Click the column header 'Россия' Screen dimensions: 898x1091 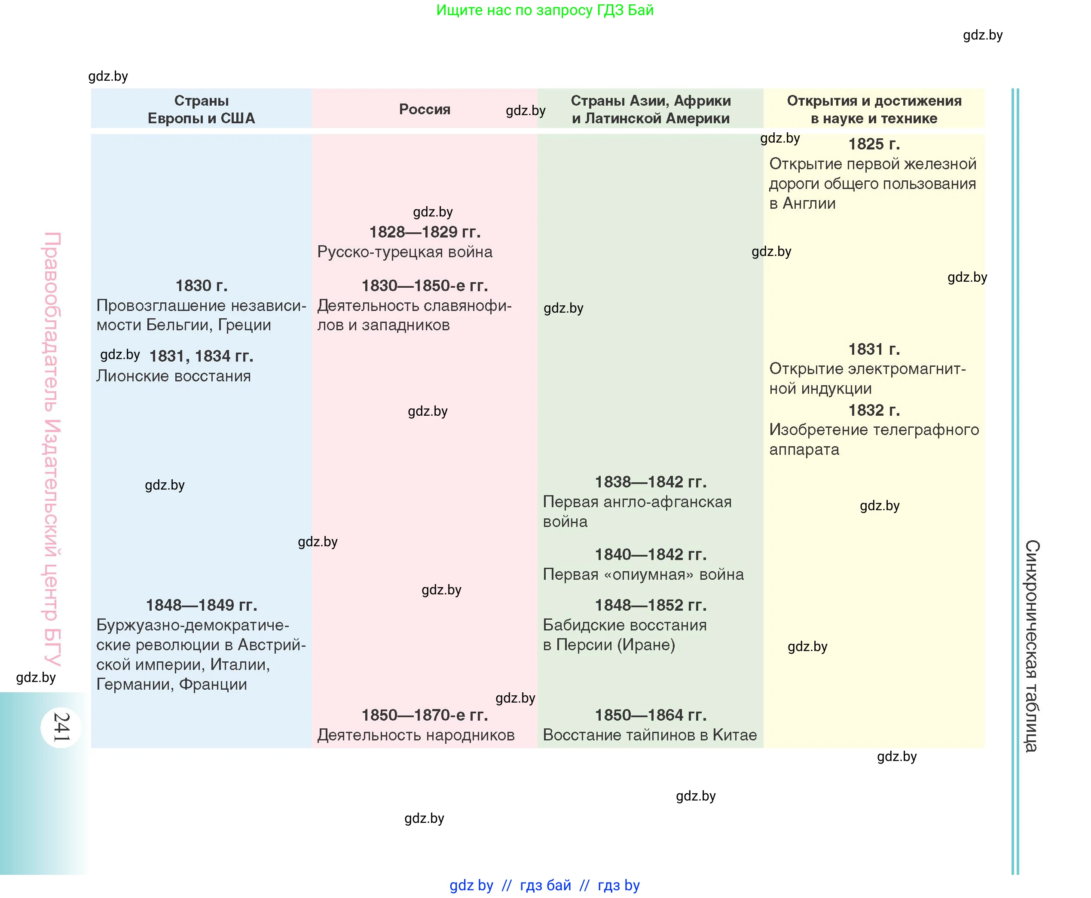click(425, 109)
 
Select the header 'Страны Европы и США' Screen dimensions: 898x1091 click(202, 109)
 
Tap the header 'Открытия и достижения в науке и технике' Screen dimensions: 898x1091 click(874, 109)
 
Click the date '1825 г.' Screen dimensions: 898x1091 click(874, 144)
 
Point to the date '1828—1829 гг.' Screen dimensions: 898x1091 click(425, 232)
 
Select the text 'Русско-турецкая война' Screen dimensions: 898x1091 click(405, 252)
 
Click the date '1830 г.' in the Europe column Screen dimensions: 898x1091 click(202, 286)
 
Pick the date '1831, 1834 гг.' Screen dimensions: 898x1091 click(202, 356)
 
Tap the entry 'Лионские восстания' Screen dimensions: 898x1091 click(173, 376)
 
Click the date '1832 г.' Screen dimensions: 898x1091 click(874, 410)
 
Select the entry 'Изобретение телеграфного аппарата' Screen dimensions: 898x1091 click(874, 439)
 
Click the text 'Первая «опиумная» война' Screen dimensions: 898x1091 click(643, 575)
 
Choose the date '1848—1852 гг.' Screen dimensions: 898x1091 click(651, 605)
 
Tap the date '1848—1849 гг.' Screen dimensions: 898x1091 click(202, 605)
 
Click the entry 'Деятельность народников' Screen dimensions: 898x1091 click(416, 735)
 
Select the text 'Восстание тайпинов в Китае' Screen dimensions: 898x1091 click(650, 735)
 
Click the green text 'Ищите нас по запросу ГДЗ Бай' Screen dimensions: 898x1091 click(544, 10)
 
